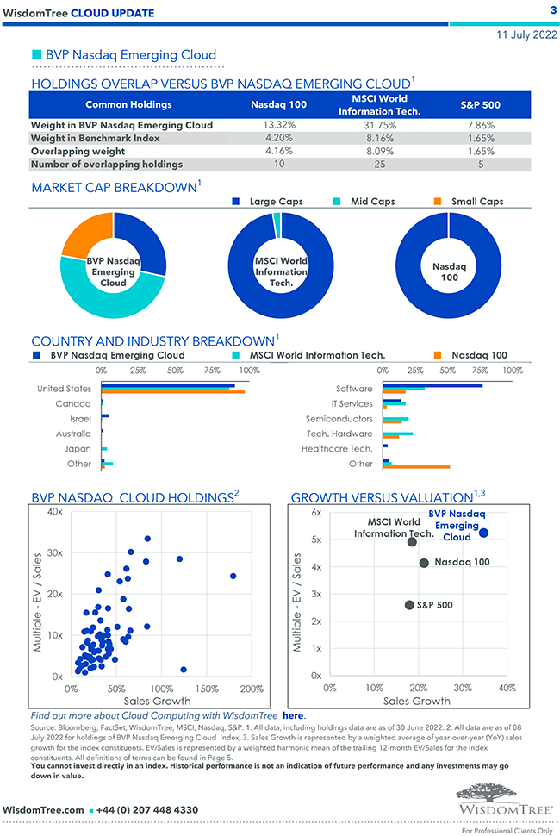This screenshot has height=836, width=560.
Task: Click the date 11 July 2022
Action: pos(526,35)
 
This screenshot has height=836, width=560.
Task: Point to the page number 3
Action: pos(552,10)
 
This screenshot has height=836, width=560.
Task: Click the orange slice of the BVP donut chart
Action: pos(84,234)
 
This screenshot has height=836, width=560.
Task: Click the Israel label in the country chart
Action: pos(80,418)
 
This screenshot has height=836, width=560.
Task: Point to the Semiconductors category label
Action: pos(339,418)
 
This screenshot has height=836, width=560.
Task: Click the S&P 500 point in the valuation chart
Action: pos(409,605)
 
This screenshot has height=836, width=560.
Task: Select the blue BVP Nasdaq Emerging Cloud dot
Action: pos(483,533)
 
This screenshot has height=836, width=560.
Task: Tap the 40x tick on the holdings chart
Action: pos(54,512)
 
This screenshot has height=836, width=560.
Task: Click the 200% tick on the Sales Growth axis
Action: pos(252,689)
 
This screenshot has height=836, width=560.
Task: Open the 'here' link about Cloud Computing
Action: pos(293,715)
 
